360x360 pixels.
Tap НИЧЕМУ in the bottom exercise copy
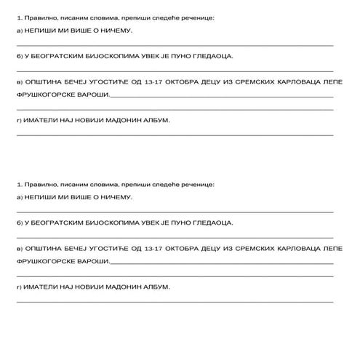[116, 198]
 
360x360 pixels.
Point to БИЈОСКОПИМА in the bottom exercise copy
[111, 223]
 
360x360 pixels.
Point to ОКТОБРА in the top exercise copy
[186, 84]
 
